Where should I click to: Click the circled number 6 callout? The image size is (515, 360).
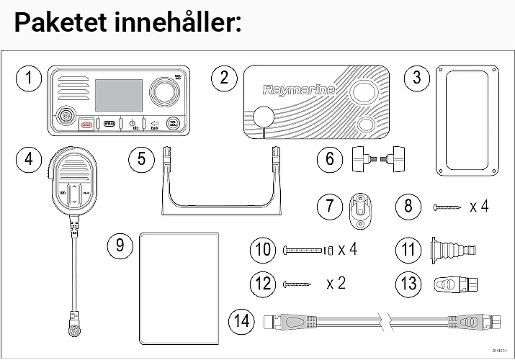pyautogui.click(x=331, y=158)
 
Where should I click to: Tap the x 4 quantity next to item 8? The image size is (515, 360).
pyautogui.click(x=478, y=207)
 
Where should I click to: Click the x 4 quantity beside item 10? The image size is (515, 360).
pyautogui.click(x=347, y=250)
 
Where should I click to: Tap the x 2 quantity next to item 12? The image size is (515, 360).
pyautogui.click(x=336, y=283)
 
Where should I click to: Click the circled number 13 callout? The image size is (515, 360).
pyautogui.click(x=409, y=283)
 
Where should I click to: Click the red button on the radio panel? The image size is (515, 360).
pyautogui.click(x=86, y=124)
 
